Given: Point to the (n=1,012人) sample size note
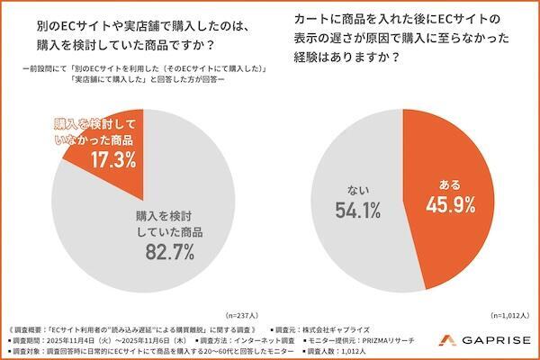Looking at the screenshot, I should click(508, 315).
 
